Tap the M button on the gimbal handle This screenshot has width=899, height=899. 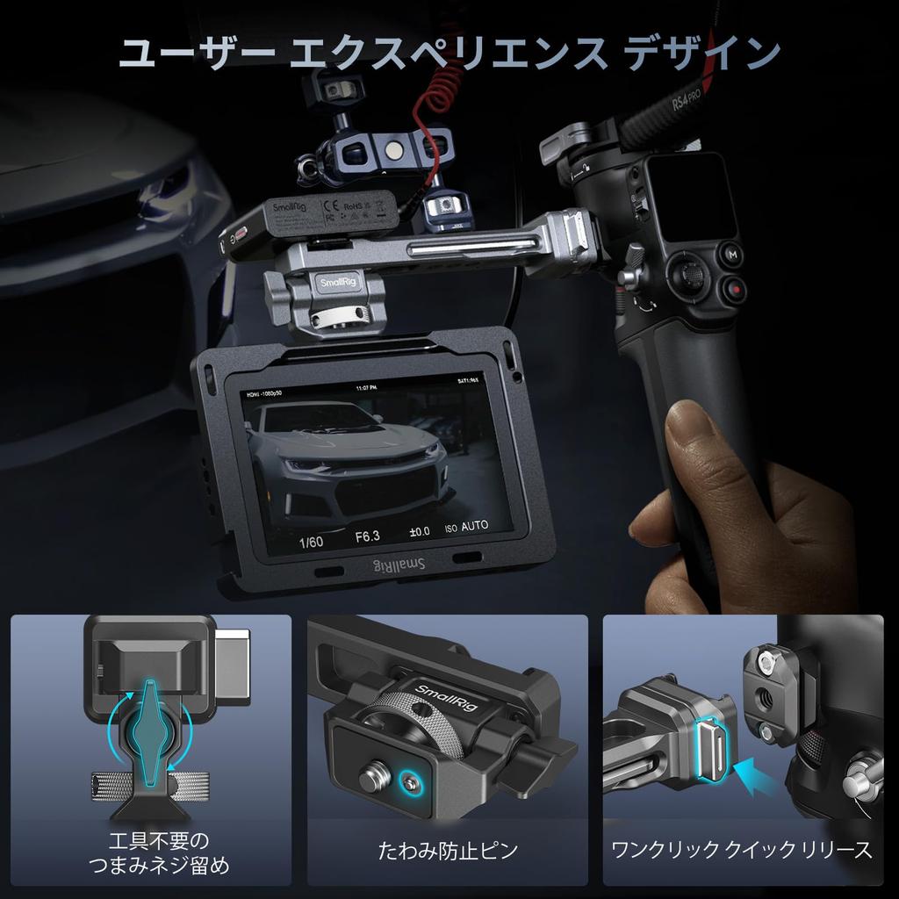pyautogui.click(x=731, y=255)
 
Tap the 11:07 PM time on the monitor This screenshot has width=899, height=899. pyautogui.click(x=366, y=387)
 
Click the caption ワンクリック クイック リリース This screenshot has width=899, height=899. pyautogui.click(x=742, y=850)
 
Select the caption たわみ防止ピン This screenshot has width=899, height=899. pyautogui.click(x=448, y=850)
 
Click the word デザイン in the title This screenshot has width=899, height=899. pyautogui.click(x=701, y=54)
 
